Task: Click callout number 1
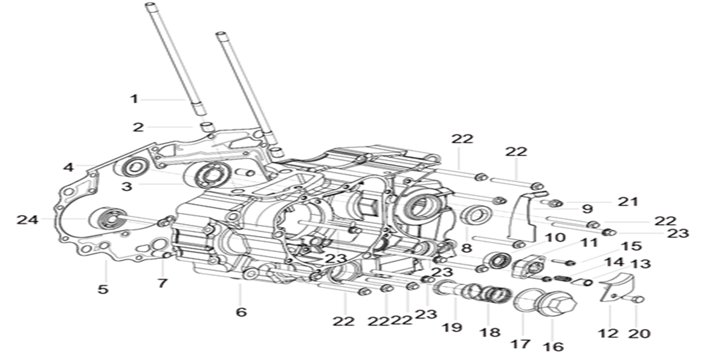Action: point(135,99)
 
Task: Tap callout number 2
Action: point(138,127)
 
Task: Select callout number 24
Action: point(27,220)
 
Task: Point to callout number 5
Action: point(103,289)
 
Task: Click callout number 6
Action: point(240,312)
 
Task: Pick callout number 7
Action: point(162,283)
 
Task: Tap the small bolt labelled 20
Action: point(638,299)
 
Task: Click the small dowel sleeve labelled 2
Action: point(208,127)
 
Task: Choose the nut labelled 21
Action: point(556,203)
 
